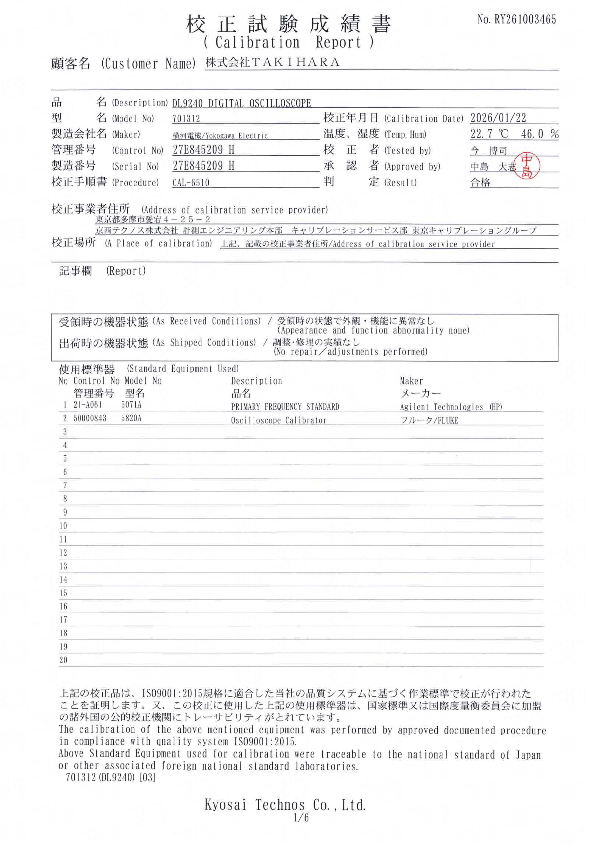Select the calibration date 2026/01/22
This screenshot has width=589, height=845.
(498, 118)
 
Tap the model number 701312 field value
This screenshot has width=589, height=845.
(186, 119)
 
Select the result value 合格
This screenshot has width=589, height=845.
(480, 183)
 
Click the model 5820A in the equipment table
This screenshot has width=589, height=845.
(131, 418)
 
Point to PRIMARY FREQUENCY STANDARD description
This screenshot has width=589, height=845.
(285, 407)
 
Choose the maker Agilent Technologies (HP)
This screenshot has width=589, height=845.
(451, 407)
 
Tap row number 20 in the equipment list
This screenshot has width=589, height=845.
(63, 660)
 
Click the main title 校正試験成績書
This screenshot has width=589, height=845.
(289, 25)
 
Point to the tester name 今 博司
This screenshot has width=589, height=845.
(489, 151)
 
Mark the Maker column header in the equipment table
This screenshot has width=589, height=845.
(411, 381)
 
